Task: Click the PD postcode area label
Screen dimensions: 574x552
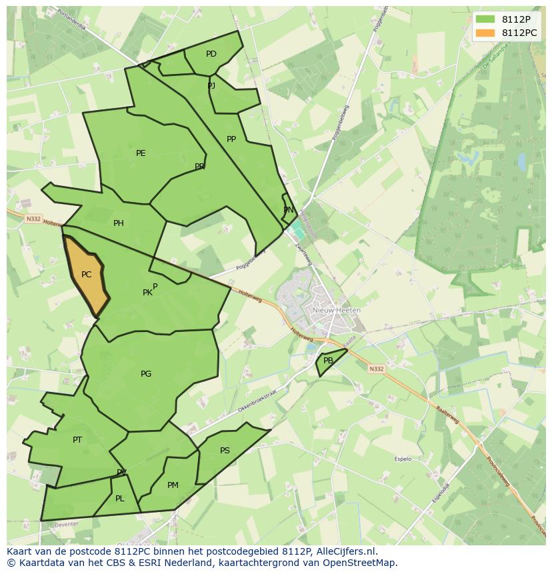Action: (211, 54)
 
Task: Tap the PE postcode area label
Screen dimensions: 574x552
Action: (141, 153)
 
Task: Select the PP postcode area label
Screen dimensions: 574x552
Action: (231, 139)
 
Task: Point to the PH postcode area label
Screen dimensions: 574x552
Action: (119, 223)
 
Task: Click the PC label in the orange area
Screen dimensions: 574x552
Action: (86, 275)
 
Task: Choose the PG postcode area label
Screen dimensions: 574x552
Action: (146, 374)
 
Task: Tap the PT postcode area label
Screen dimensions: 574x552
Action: (77, 440)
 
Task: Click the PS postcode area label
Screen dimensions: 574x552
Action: (225, 451)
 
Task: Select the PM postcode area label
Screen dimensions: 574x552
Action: (173, 485)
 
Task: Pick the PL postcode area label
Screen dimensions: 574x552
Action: (120, 499)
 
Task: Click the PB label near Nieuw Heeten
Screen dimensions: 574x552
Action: (328, 361)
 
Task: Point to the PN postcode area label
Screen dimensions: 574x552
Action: (289, 210)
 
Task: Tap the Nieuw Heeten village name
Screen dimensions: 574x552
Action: (337, 311)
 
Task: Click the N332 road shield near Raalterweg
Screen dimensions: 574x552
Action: (377, 369)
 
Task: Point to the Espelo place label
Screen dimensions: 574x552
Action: (403, 459)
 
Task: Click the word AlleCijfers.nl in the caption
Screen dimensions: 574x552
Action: (346, 551)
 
